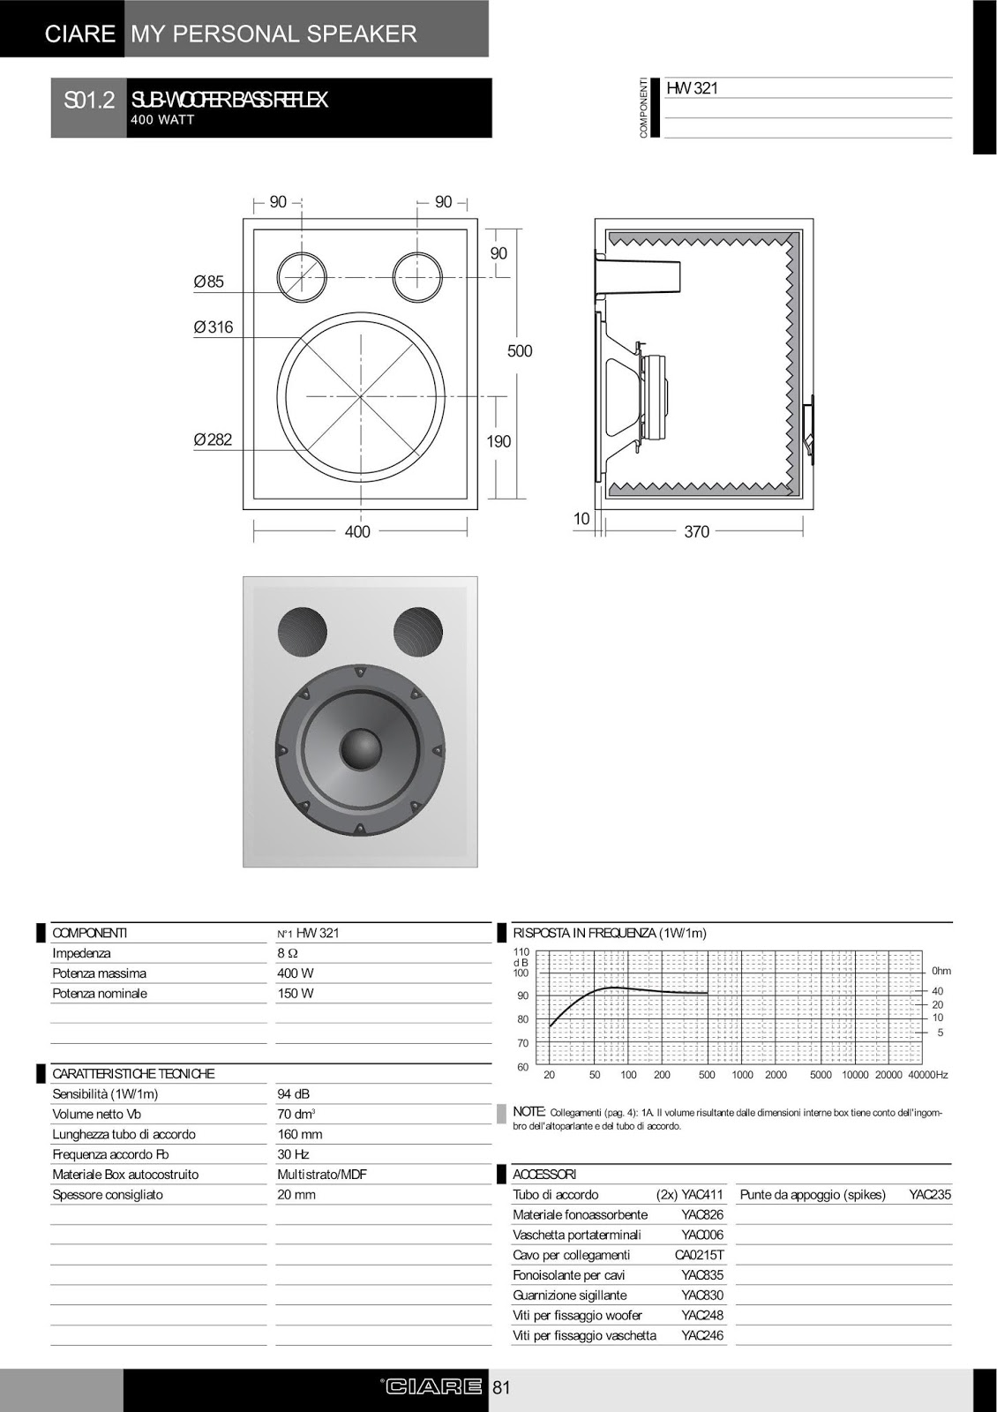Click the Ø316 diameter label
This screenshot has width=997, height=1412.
[x=214, y=327]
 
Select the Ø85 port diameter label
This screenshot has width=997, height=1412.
[x=209, y=282]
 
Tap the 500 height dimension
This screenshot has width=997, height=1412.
[x=520, y=351]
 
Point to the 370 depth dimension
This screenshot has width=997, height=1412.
[x=696, y=531]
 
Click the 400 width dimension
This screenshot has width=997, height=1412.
[x=357, y=531]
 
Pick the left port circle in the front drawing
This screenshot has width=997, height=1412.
[x=302, y=276]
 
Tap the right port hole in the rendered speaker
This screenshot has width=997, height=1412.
[x=417, y=633]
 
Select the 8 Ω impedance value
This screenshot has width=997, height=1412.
[x=288, y=953]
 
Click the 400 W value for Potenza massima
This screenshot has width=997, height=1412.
[x=296, y=973]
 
